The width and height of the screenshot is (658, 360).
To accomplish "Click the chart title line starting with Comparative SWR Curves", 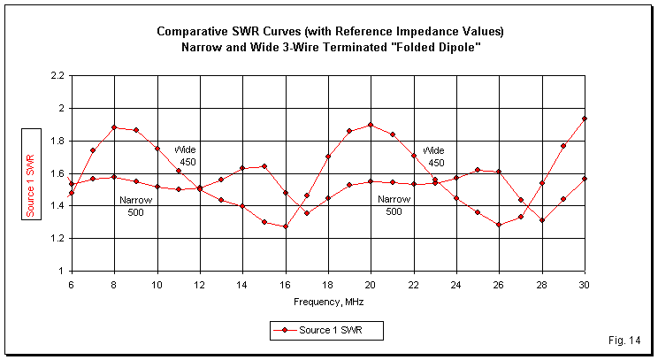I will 329,31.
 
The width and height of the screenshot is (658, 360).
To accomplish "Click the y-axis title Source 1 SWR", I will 29,173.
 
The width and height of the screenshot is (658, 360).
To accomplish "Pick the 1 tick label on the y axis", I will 60,271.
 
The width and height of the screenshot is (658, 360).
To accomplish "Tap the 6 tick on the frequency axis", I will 72,284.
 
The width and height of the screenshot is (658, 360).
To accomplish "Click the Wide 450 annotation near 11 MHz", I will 185,156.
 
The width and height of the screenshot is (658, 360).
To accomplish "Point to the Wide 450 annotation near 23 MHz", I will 435,156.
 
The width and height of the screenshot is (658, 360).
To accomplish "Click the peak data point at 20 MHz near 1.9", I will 370,125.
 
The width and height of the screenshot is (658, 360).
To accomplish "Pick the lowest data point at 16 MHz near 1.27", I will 285,226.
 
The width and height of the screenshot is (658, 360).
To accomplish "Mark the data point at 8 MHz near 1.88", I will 114,127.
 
